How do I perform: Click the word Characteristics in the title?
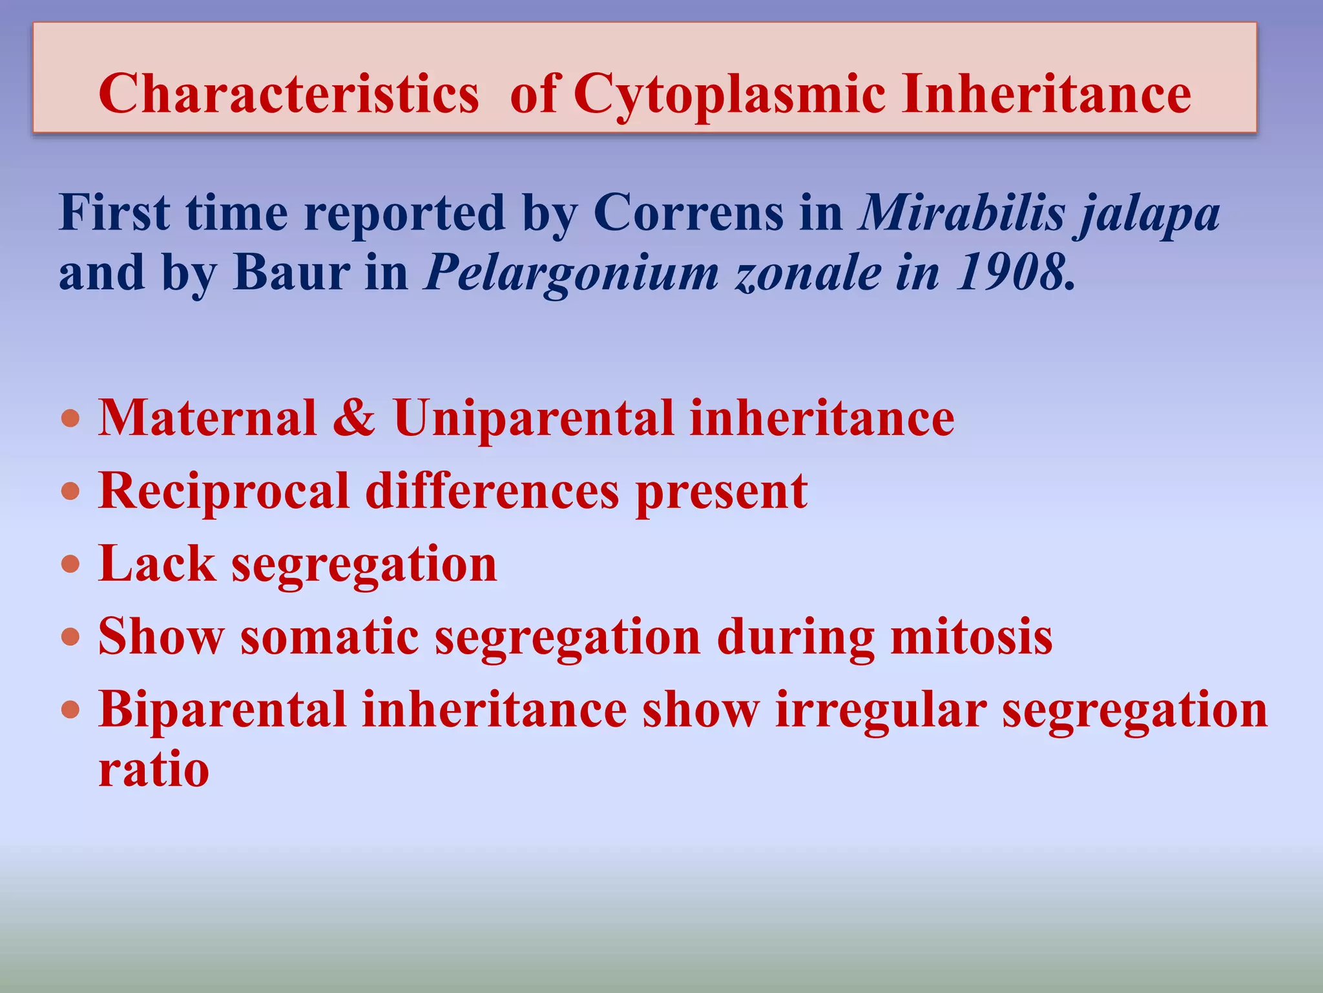288,94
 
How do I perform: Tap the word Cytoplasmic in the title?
729,94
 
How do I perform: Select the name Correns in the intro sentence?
687,213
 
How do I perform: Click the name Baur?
291,272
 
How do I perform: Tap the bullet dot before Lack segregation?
70,564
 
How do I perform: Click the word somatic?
329,637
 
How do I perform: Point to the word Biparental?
222,710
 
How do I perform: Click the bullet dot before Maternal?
70,418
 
